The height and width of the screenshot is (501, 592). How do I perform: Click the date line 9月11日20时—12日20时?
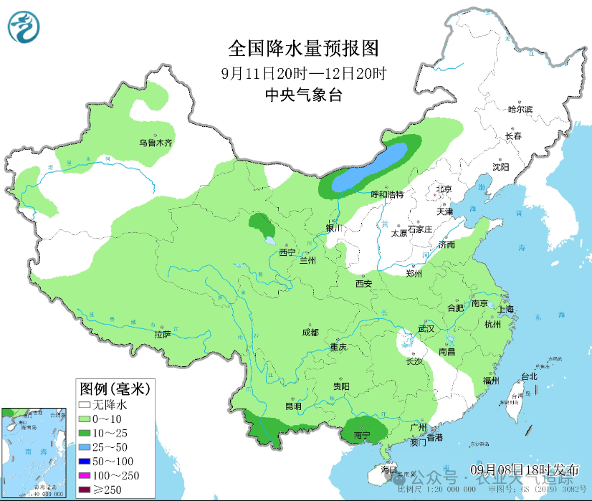point(303,73)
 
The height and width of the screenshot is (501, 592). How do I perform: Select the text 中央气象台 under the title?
point(303,95)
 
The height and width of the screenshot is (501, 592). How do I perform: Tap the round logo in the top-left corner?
point(24,27)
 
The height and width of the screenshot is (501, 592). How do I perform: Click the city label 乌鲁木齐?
point(156,143)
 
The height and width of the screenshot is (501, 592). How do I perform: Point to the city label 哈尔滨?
point(520,110)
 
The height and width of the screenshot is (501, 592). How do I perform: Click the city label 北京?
point(444,190)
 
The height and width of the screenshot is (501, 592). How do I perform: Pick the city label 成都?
point(310,332)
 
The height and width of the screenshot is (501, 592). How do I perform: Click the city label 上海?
point(506,310)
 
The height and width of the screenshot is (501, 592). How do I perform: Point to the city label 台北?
point(529,376)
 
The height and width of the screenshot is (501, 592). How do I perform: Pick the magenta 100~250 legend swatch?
point(85,475)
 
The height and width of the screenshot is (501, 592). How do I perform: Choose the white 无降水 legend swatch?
point(85,405)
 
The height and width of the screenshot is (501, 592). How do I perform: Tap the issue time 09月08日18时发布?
point(525,469)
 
